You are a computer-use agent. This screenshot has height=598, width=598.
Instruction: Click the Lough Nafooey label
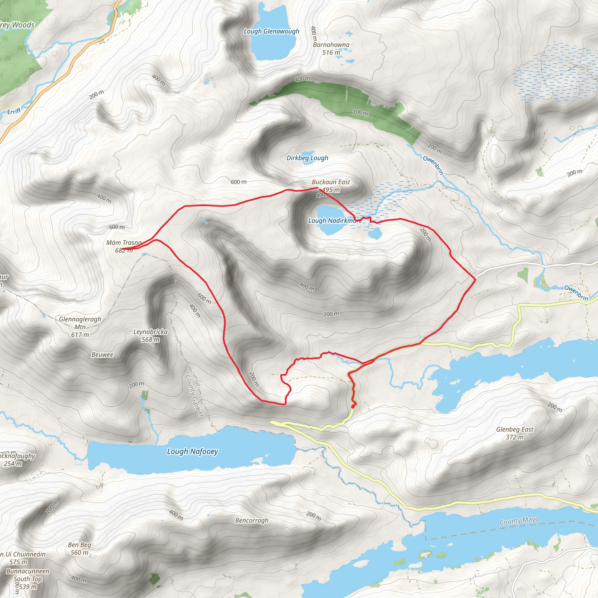pyautogui.click(x=192, y=452)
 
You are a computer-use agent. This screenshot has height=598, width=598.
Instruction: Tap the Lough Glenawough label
pyautogui.click(x=272, y=31)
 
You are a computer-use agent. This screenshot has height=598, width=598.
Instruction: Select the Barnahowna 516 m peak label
pyautogui.click(x=331, y=48)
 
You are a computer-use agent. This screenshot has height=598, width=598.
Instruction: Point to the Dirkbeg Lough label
pyautogui.click(x=307, y=158)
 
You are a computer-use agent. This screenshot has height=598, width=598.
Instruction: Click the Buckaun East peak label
pyautogui.click(x=331, y=186)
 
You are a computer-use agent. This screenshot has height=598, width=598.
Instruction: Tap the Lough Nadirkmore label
pyautogui.click(x=335, y=221)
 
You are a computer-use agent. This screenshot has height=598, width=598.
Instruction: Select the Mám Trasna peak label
pyautogui.click(x=124, y=246)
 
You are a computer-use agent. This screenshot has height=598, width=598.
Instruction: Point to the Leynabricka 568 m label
pyautogui.click(x=150, y=335)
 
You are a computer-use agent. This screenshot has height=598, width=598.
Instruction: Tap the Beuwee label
pyautogui.click(x=102, y=355)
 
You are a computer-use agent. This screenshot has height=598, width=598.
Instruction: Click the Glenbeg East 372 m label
pyautogui.click(x=515, y=433)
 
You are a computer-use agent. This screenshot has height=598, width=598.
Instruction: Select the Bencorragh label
pyautogui.click(x=252, y=521)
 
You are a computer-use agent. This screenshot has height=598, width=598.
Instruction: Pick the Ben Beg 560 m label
pyautogui.click(x=79, y=548)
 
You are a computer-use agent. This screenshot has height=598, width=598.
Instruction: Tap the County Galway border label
pyautogui.click(x=194, y=395)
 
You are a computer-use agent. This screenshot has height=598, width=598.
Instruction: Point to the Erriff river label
pyautogui.click(x=14, y=111)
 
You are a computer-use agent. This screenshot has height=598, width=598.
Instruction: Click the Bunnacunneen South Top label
pyautogui.click(x=28, y=579)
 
